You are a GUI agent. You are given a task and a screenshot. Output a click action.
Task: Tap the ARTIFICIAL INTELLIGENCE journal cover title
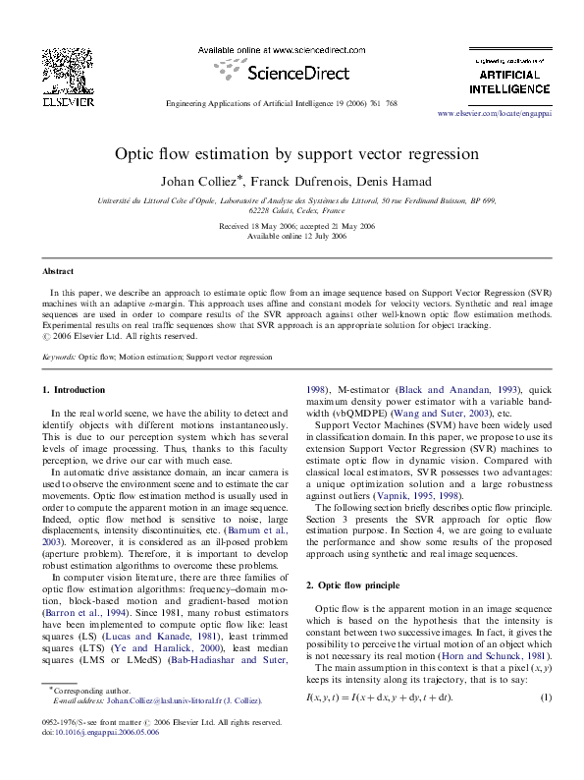[508, 83]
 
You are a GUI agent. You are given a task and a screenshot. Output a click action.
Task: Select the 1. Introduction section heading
[80, 390]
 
